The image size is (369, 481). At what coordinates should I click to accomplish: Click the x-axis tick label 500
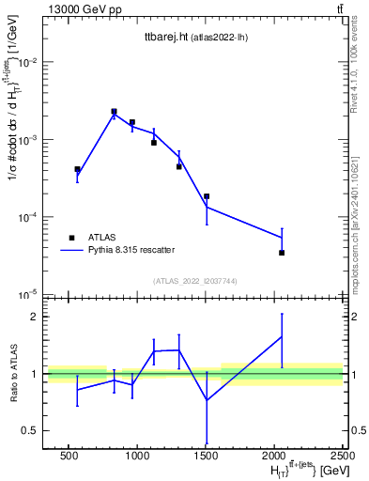68,455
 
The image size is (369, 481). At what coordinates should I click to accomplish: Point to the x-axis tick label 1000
137,455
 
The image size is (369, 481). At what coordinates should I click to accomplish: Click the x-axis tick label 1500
206,455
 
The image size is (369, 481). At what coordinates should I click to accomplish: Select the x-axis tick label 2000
274,455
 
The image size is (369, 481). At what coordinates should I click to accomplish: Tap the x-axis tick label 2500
341,455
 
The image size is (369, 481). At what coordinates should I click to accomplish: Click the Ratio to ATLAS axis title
12,373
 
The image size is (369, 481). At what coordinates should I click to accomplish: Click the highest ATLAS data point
114,111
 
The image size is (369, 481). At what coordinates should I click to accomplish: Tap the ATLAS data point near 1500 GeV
207,196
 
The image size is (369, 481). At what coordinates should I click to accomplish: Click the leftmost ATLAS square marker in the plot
77,169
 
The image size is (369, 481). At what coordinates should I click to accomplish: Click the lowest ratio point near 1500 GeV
207,400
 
